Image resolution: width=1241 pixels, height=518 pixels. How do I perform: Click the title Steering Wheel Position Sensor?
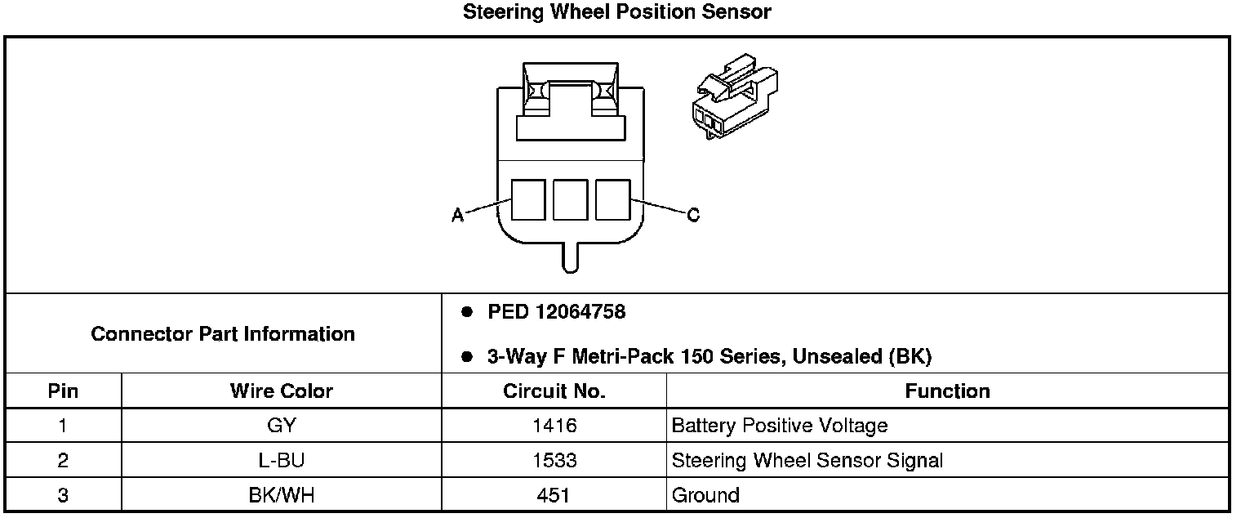pos(616,12)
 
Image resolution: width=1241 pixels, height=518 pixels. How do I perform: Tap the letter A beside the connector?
pos(458,215)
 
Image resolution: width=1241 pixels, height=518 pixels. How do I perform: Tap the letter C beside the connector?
pos(692,215)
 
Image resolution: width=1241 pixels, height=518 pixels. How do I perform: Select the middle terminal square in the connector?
pos(570,199)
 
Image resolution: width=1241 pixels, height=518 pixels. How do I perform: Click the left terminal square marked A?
pos(527,199)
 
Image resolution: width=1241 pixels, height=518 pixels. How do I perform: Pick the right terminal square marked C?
pos(612,199)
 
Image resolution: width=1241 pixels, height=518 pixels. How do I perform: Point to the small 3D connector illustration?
pos(733,96)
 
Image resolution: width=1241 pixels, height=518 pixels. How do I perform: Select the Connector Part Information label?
pos(223,334)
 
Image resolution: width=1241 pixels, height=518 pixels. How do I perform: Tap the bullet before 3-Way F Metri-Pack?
pos(466,357)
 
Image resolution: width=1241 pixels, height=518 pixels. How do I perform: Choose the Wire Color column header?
pos(281,391)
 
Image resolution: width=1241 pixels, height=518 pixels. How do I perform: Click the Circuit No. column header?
pos(554,391)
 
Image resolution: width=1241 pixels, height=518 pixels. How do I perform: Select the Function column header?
pos(947,391)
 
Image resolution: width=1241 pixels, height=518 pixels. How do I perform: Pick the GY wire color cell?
pos(281,426)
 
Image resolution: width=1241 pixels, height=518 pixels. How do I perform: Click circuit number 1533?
pos(554,461)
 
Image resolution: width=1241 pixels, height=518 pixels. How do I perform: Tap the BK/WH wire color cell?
pos(281,495)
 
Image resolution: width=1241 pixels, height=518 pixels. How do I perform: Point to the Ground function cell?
pos(705,495)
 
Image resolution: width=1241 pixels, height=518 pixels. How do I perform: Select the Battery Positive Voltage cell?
pos(779,426)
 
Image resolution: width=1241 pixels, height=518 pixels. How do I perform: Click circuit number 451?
pos(554,495)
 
